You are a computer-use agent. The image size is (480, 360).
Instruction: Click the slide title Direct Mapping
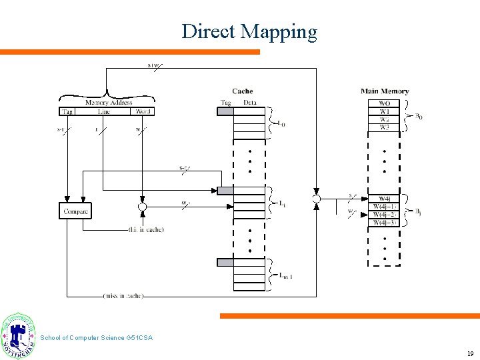(x=249, y=31)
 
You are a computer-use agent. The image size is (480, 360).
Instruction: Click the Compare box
(x=76, y=211)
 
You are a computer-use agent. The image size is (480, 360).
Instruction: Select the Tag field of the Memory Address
(x=67, y=111)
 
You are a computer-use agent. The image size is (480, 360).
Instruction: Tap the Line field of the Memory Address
(x=103, y=111)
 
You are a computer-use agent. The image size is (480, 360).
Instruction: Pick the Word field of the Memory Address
(x=143, y=111)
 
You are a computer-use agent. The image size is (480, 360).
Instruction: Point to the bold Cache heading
(x=243, y=91)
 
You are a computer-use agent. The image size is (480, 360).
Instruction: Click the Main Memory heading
(x=385, y=91)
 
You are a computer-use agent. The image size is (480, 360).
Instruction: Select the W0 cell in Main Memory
(x=385, y=104)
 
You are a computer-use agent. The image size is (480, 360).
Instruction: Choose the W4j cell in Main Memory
(x=385, y=199)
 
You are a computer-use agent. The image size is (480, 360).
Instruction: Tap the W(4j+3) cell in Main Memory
(x=385, y=223)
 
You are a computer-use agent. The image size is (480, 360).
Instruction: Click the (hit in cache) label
(x=146, y=230)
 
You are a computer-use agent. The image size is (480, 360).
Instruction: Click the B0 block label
(x=418, y=116)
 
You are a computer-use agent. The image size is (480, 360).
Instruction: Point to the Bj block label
(x=418, y=211)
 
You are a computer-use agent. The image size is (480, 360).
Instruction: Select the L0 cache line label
(x=282, y=123)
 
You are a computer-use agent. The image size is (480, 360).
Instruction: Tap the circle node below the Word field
(x=142, y=207)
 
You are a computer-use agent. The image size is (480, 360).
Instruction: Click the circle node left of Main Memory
(x=316, y=199)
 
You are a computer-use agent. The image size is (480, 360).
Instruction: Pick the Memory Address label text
(x=108, y=103)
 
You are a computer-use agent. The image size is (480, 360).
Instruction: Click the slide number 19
(x=469, y=353)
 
